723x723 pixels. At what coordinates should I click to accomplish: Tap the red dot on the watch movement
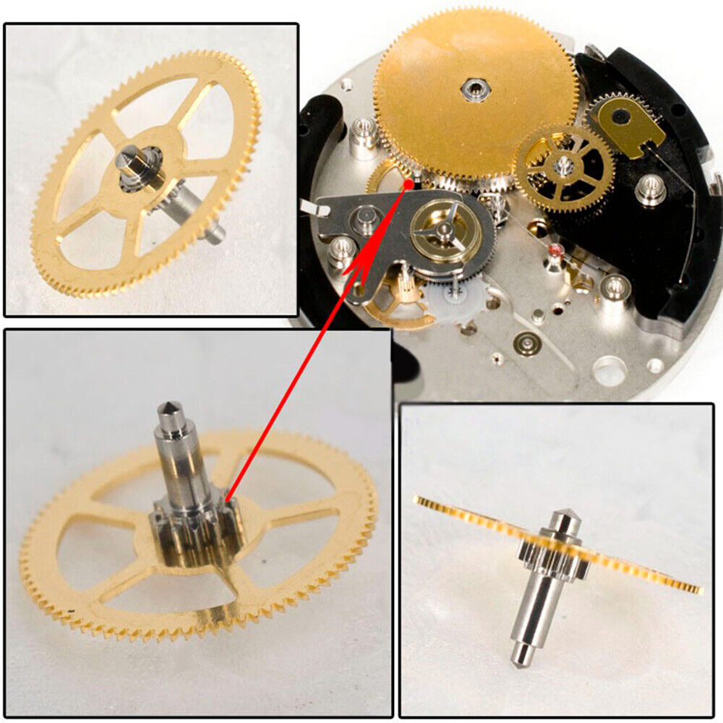(409, 184)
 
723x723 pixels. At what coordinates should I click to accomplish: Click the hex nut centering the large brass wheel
(474, 90)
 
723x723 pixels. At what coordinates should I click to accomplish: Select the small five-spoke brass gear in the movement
(565, 166)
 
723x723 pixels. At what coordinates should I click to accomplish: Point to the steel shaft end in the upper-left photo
(215, 231)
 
